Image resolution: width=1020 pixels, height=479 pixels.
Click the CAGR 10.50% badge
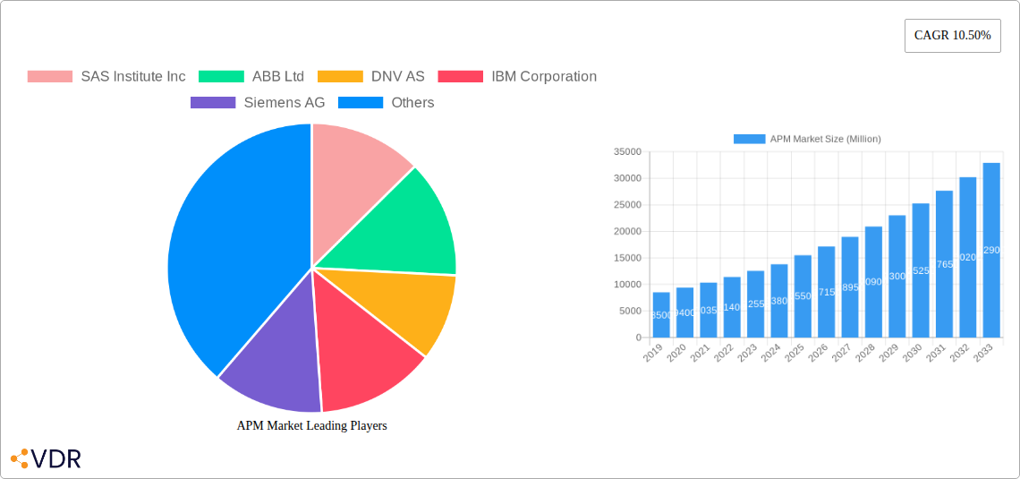952,36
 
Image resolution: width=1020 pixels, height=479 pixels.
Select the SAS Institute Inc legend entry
106,77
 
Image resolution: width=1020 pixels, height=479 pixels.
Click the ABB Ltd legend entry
251,77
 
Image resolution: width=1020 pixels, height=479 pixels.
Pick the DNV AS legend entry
371,77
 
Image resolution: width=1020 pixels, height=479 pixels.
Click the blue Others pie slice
233,251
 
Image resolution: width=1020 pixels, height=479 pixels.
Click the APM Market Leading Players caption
311,426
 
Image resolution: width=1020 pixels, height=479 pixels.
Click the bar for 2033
991,251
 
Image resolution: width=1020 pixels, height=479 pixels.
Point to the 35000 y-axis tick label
626,152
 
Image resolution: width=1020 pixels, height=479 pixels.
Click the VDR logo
46,459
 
